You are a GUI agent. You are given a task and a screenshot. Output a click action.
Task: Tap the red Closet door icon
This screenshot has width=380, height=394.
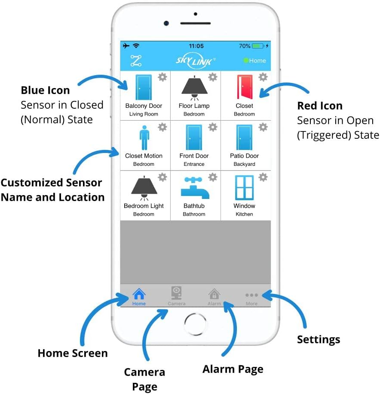tap(244, 87)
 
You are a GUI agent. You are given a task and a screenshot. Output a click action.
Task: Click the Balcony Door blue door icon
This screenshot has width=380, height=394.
tap(144, 87)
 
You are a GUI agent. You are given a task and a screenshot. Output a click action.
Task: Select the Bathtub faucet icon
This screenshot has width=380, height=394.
tap(194, 188)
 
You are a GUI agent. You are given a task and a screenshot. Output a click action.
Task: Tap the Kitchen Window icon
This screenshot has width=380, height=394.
tap(244, 187)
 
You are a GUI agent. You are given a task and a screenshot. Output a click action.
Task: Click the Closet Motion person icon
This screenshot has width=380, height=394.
tap(144, 137)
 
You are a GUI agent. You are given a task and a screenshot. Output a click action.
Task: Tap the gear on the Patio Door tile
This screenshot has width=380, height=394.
tap(263, 127)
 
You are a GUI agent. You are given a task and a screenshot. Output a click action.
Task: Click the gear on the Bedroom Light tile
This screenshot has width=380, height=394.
tap(162, 177)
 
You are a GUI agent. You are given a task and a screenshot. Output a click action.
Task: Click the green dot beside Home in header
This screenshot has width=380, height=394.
tap(246, 61)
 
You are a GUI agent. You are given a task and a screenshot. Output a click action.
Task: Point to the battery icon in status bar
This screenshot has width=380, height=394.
tap(258, 46)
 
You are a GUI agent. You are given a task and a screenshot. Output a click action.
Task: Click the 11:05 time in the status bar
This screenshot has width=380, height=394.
tap(196, 46)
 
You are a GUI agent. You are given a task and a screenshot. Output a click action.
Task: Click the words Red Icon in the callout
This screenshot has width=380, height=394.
tap(320, 106)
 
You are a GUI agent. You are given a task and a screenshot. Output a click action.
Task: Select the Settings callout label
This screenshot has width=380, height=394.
tap(319, 339)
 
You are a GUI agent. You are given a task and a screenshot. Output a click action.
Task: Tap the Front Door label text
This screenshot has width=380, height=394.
tap(194, 156)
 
